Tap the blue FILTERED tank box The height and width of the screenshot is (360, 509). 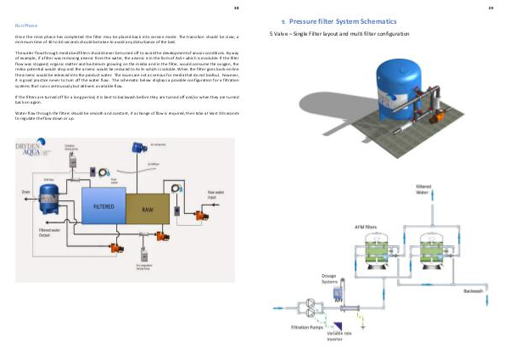(x=103, y=205)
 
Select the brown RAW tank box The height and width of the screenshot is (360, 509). (x=147, y=205)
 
